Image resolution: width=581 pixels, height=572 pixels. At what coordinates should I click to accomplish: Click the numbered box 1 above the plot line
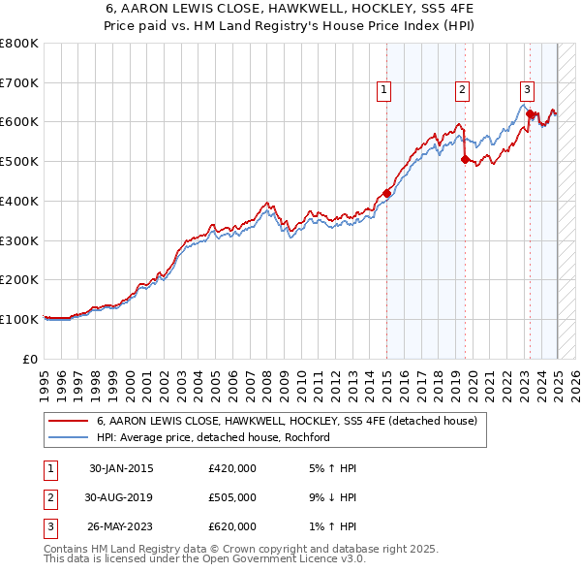[384, 90]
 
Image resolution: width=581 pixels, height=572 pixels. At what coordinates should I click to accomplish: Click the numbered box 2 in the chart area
[463, 90]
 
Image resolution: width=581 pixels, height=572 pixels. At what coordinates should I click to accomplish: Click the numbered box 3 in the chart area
[527, 90]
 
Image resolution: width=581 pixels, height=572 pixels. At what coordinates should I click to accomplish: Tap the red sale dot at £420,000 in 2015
[386, 193]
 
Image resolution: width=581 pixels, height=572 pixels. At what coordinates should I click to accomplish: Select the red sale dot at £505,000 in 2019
[465, 160]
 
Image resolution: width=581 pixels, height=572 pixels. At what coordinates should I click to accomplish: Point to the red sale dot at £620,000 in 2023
[530, 114]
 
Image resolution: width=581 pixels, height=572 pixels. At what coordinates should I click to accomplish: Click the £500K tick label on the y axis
[19, 161]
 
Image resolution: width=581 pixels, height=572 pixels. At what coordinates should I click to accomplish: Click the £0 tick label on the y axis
[31, 359]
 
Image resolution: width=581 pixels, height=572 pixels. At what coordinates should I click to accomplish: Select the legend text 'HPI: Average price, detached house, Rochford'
[214, 437]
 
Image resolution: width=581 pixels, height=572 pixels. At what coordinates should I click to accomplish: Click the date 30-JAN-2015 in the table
[121, 468]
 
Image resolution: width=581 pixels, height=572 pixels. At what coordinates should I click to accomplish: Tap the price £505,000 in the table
[232, 497]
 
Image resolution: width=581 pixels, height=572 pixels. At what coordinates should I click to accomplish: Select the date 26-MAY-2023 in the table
[121, 526]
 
